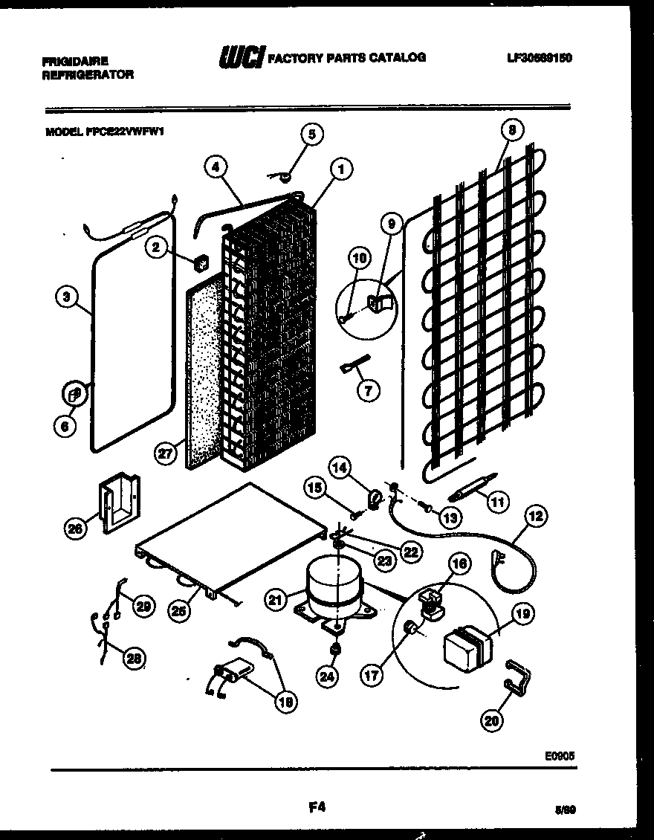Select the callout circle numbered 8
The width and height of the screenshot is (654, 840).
pos(511,131)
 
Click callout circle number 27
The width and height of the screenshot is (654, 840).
pos(166,453)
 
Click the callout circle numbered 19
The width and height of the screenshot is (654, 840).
pos(522,614)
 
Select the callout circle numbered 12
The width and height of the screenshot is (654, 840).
pos(537,514)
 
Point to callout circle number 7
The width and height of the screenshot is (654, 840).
pos(368,390)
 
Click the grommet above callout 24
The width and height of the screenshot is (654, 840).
pos(335,650)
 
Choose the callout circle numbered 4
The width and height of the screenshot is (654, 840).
pos(216,168)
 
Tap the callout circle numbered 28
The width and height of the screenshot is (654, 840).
pos(135,657)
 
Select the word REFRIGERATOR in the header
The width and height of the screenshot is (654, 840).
pos(88,74)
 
